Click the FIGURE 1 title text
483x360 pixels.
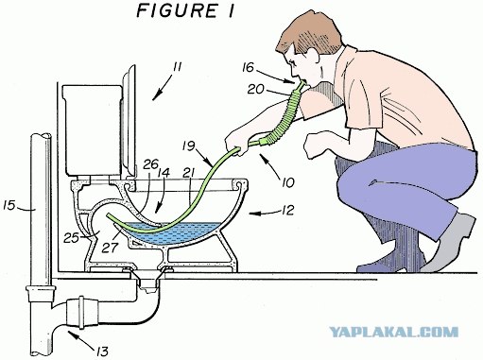click(x=185, y=10)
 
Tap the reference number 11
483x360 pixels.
click(x=178, y=67)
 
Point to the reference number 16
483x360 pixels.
click(x=248, y=67)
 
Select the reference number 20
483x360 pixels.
click(x=255, y=89)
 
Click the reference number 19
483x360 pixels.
click(x=189, y=146)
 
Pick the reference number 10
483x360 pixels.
click(x=287, y=182)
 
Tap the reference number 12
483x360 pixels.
click(x=287, y=210)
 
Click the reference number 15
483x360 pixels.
click(x=9, y=205)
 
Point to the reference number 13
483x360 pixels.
click(x=102, y=351)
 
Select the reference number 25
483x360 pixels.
click(x=71, y=237)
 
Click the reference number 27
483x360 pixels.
click(x=110, y=248)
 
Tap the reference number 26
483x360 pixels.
click(x=150, y=163)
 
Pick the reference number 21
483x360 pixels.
click(x=189, y=173)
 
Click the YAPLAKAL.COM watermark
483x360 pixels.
click(x=394, y=332)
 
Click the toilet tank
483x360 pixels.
click(x=92, y=129)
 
